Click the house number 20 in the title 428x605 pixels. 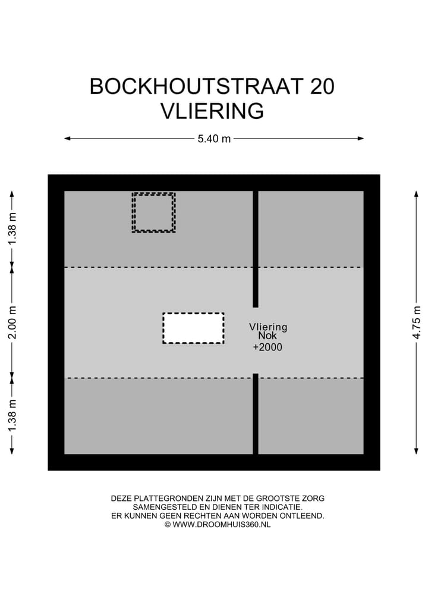pyautogui.click(x=322, y=87)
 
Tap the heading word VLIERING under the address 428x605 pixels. pyautogui.click(x=212, y=111)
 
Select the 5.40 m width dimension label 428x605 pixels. pyautogui.click(x=214, y=139)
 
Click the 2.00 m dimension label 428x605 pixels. pyautogui.click(x=12, y=322)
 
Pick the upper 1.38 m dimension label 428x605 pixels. pyautogui.click(x=12, y=229)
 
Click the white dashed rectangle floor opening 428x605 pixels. pyautogui.click(x=193, y=328)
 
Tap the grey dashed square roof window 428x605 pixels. pyautogui.click(x=153, y=212)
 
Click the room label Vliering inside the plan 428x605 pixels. pyautogui.click(x=268, y=327)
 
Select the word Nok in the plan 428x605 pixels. pyautogui.click(x=267, y=337)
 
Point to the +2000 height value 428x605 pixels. pyautogui.click(x=267, y=347)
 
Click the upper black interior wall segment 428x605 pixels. pyautogui.click(x=256, y=249)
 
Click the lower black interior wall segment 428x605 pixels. pyautogui.click(x=256, y=413)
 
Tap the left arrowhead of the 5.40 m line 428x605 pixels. pyautogui.click(x=67, y=139)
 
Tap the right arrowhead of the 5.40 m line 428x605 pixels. pyautogui.click(x=361, y=139)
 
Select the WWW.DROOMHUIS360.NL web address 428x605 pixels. pyautogui.click(x=221, y=525)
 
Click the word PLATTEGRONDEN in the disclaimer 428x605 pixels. pyautogui.click(x=162, y=499)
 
